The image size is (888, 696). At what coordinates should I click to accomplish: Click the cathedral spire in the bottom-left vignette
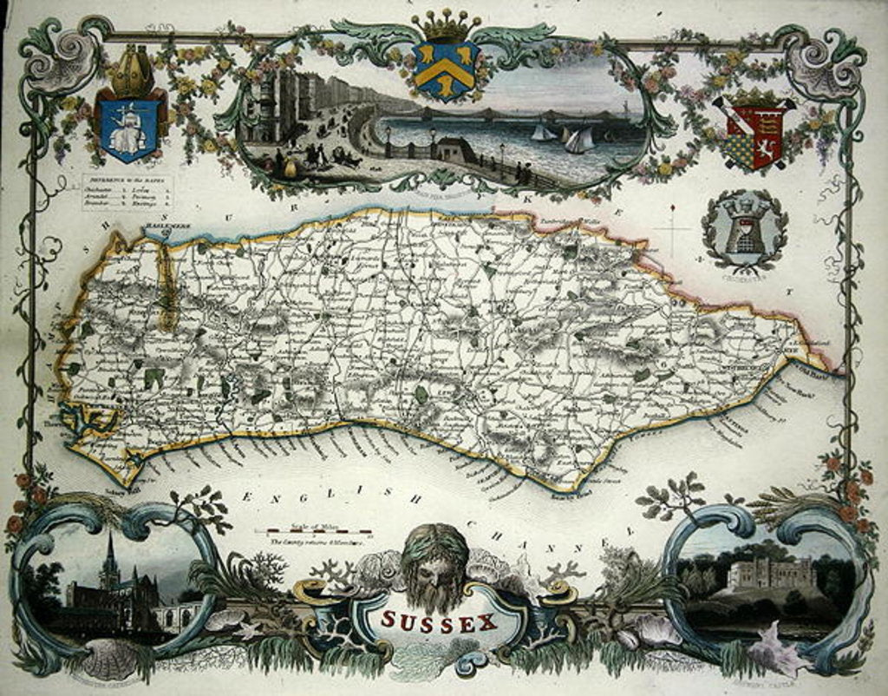[x=109, y=555]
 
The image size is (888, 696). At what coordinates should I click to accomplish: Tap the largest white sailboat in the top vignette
[x=579, y=140]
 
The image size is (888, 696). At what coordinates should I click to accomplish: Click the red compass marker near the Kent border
[x=673, y=208]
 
